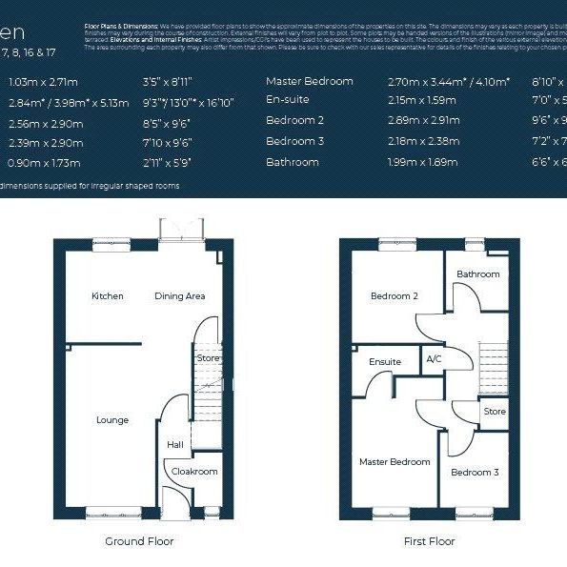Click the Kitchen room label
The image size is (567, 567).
click(x=108, y=296)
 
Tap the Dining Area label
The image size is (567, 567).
click(x=180, y=296)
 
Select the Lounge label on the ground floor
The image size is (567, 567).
click(x=112, y=420)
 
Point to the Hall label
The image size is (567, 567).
click(x=175, y=444)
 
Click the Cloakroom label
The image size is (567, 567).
click(x=194, y=472)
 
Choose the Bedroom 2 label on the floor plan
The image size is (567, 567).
click(x=394, y=296)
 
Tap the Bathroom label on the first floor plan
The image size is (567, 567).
click(x=477, y=274)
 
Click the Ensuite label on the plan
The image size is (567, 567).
click(x=385, y=362)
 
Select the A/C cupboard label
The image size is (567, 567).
click(x=434, y=359)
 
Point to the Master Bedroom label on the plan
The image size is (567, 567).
click(x=395, y=462)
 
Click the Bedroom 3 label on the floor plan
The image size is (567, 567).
click(x=475, y=473)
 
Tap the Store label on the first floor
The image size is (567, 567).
click(x=495, y=413)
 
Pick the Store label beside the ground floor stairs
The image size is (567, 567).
click(x=208, y=358)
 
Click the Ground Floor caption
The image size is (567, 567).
click(x=139, y=541)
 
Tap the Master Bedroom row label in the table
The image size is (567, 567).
click(x=309, y=81)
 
